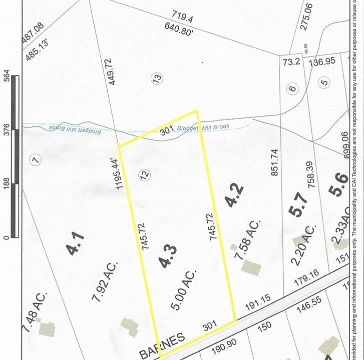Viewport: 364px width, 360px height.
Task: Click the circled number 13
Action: coord(157,78)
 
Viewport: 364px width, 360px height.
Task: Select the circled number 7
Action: coord(35,160)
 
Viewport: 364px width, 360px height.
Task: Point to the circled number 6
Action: coord(293,89)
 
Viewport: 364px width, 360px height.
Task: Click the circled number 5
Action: coord(324,82)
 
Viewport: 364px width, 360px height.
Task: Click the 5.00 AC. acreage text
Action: coord(183,289)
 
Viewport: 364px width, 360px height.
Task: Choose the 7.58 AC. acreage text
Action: coord(248,241)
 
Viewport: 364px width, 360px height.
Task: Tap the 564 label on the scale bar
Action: coord(7,80)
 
